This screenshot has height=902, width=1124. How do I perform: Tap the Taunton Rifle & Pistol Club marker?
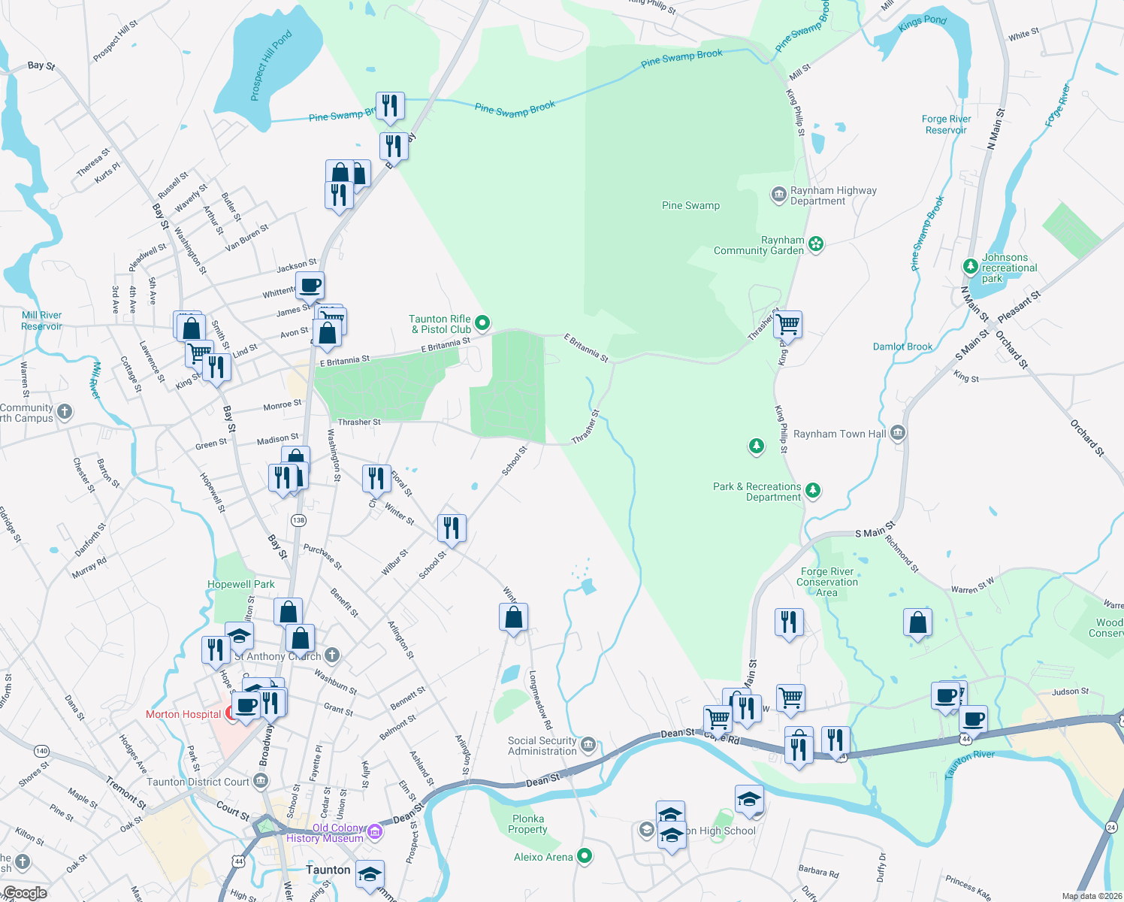[482, 323]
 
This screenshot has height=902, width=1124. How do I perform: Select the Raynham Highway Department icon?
[779, 195]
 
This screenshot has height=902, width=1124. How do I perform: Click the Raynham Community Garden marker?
[816, 244]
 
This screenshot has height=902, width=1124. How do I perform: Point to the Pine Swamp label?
[690, 205]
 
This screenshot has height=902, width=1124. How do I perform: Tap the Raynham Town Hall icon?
[898, 434]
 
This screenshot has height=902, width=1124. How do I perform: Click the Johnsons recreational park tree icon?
[971, 266]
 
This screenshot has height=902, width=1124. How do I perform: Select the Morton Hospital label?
[183, 714]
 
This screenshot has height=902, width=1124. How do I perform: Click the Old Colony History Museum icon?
[375, 832]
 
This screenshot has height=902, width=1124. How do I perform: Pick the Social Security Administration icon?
[589, 745]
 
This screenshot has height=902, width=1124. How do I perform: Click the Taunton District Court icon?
[261, 782]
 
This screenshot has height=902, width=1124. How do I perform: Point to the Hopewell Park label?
[241, 584]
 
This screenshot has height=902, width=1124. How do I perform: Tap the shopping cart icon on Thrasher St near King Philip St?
[788, 325]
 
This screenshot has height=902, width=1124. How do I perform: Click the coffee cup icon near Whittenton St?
[310, 286]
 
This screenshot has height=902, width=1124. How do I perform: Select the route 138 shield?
[299, 520]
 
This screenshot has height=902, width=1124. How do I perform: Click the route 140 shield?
[41, 751]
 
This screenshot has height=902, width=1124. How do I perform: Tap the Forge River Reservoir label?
[946, 124]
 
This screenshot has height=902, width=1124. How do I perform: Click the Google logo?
[25, 893]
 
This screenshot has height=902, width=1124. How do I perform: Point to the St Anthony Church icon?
[332, 655]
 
